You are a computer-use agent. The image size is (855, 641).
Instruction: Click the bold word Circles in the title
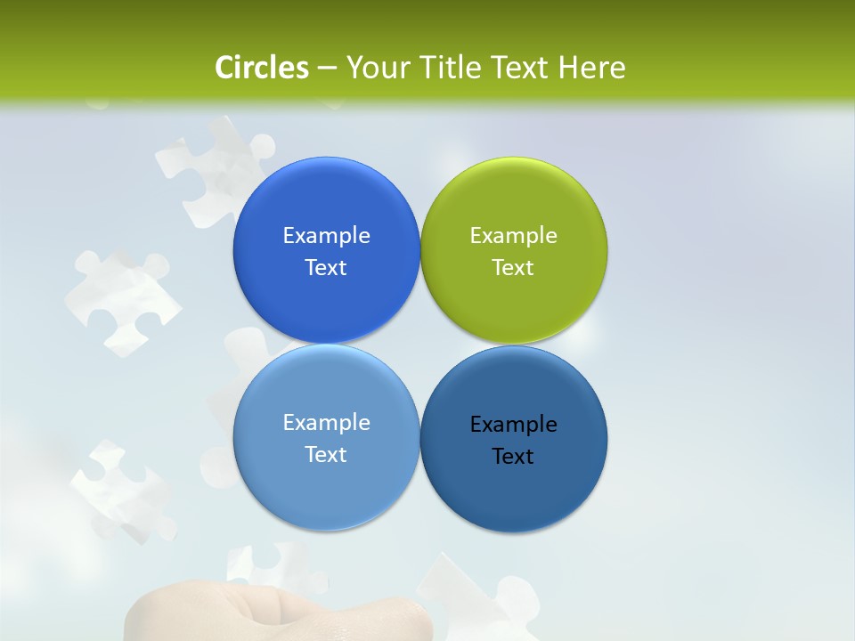click(x=262, y=68)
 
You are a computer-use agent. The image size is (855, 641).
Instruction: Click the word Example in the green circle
click(x=514, y=235)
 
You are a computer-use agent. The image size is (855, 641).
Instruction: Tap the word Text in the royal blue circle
click(x=326, y=267)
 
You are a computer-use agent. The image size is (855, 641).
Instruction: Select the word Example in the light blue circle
click(x=326, y=422)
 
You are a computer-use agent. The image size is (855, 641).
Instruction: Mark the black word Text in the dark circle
click(x=513, y=456)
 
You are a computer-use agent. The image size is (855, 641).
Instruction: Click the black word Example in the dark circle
click(x=514, y=424)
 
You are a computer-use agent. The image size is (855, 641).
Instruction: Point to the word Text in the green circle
click(x=513, y=267)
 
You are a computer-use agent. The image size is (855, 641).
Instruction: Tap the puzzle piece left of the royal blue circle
click(x=120, y=298)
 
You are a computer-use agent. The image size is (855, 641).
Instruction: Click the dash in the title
click(x=326, y=68)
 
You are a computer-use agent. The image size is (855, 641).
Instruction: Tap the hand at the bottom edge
click(x=276, y=619)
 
